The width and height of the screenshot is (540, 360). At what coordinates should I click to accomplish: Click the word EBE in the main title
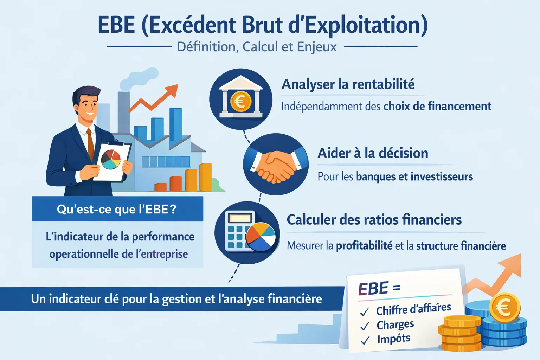pyautogui.click(x=116, y=25)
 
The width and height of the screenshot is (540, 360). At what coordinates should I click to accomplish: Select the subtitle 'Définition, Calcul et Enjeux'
pyautogui.click(x=257, y=47)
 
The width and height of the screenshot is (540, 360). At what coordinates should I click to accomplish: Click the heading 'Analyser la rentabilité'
pyautogui.click(x=348, y=84)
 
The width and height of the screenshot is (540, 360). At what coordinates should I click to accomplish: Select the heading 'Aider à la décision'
pyautogui.click(x=373, y=153)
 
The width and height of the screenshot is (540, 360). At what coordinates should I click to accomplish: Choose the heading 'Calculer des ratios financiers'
pyautogui.click(x=374, y=220)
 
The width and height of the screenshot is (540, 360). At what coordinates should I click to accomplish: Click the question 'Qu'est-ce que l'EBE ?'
pyautogui.click(x=117, y=210)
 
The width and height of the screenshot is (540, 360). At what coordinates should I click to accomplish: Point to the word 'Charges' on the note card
pyautogui.click(x=395, y=324)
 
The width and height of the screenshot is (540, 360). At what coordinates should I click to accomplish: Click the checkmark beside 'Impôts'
pyautogui.click(x=365, y=340)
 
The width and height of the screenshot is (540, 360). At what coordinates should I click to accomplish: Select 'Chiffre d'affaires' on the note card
pyautogui.click(x=413, y=309)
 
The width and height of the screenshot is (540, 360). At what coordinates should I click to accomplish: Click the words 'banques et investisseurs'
pyautogui.click(x=414, y=176)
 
